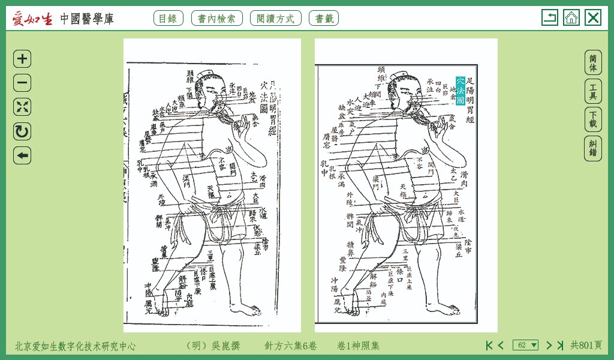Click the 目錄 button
(168, 18)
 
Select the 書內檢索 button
(217, 18)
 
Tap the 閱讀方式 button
(275, 18)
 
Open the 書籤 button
(324, 18)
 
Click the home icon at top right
(571, 17)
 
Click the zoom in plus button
(22, 59)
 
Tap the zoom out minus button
(22, 83)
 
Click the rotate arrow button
(22, 131)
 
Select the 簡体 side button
(593, 62)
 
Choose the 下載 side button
(593, 119)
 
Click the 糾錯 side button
(593, 148)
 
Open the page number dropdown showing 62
(525, 345)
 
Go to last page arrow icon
(560, 345)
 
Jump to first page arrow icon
(489, 345)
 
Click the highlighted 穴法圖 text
(460, 91)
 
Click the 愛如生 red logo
(33, 19)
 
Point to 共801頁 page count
(586, 345)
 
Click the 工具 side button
(593, 91)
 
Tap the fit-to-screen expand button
(22, 107)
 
